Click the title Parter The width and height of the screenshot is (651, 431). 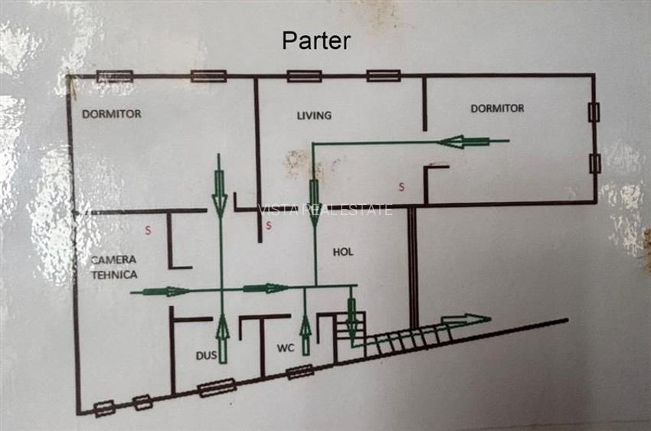[316, 41]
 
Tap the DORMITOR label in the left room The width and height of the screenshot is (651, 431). [112, 114]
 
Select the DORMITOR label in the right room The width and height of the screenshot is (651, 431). [497, 109]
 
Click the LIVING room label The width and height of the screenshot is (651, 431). [314, 116]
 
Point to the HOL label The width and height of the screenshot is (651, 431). [342, 251]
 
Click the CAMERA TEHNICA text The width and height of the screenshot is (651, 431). [113, 267]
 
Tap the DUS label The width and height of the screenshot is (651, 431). [206, 355]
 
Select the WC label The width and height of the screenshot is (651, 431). [285, 348]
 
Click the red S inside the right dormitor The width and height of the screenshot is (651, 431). [401, 187]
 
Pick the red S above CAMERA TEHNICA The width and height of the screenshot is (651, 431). [149, 228]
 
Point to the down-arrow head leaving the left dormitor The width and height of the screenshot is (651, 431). [220, 196]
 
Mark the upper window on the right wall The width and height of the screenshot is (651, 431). [593, 113]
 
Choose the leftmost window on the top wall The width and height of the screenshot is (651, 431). [115, 77]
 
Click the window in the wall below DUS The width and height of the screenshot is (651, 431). [217, 389]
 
